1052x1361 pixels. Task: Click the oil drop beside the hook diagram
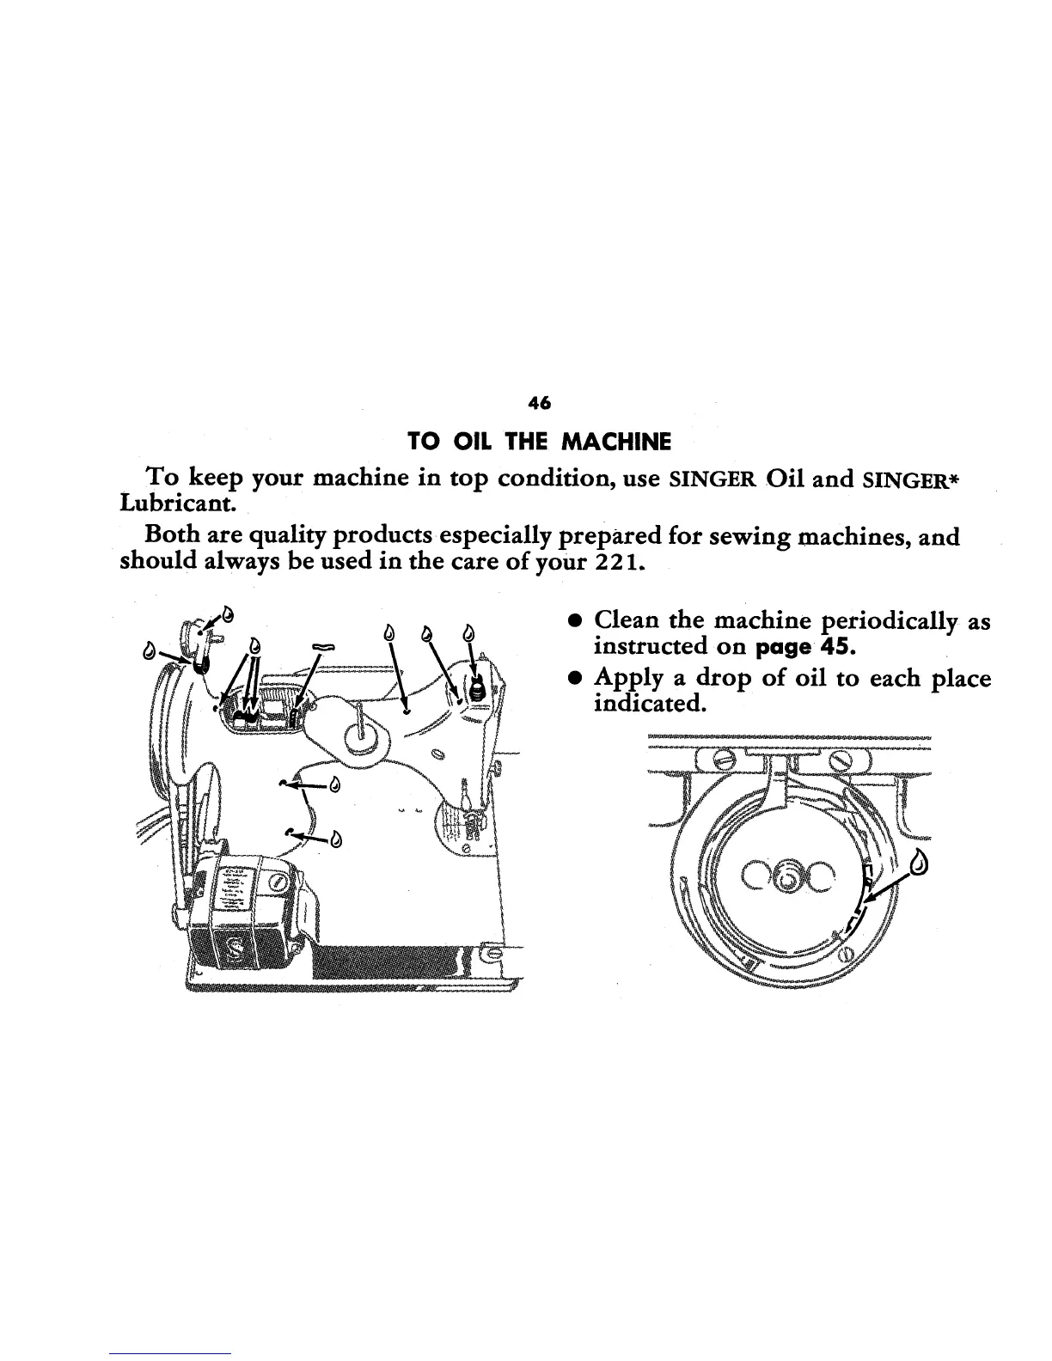tap(921, 860)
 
